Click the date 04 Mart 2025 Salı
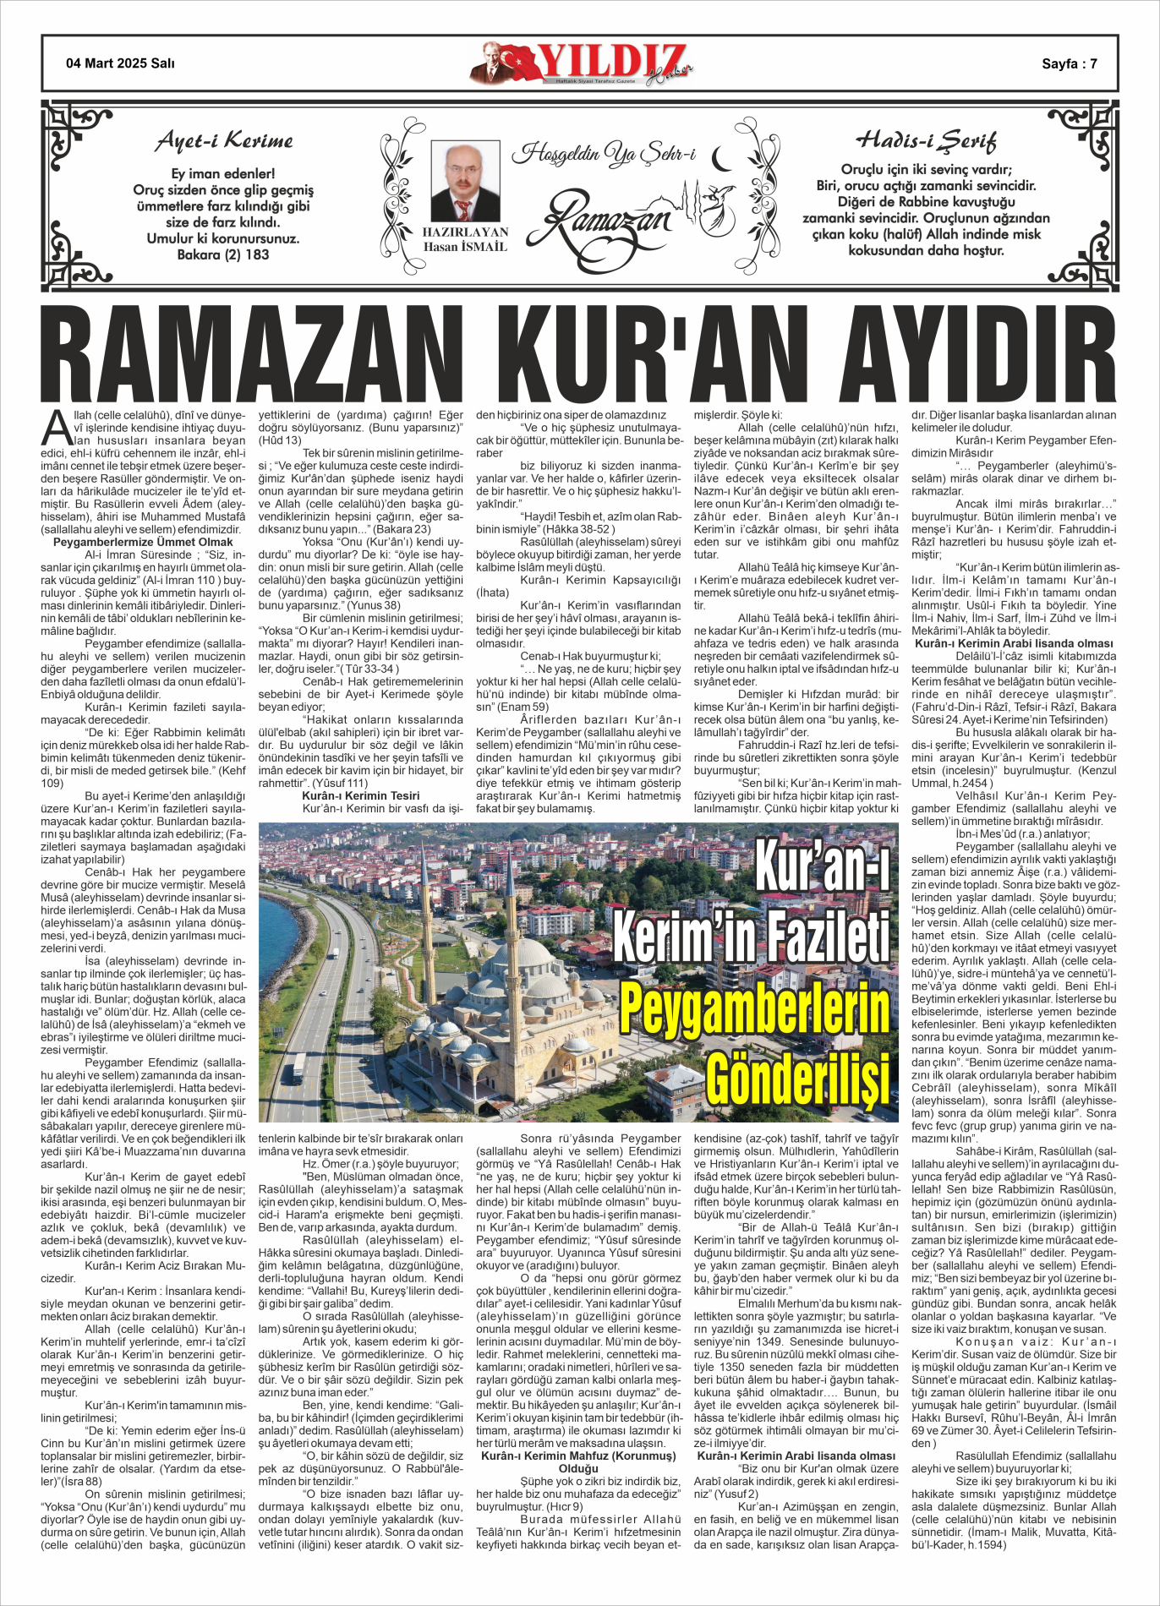tap(120, 63)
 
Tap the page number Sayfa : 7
tap(1069, 63)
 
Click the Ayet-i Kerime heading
tap(224, 140)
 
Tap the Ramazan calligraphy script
tap(609, 218)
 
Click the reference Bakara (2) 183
tap(223, 254)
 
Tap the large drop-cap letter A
tap(57, 429)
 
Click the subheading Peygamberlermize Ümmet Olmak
tap(143, 542)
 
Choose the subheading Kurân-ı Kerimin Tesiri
tap(360, 795)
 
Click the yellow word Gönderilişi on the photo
tap(797, 1079)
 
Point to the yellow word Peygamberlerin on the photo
tap(754, 1010)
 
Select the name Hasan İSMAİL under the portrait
tap(465, 247)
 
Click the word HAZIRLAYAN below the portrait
tap(465, 232)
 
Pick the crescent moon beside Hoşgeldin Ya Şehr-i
tap(721, 157)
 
